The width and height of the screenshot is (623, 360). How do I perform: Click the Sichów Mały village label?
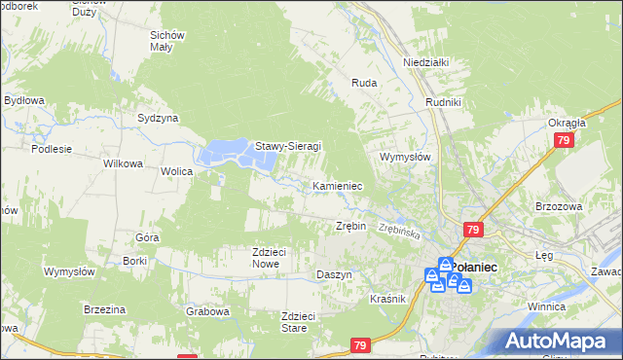click(x=167, y=42)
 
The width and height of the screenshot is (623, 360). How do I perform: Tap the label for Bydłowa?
click(x=24, y=100)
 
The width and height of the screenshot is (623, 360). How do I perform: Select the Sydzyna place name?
click(x=158, y=118)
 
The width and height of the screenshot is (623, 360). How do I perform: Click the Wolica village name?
click(x=177, y=171)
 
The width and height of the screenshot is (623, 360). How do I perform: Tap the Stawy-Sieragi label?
click(x=288, y=147)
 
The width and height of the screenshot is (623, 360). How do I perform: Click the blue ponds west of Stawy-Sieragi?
click(x=226, y=153)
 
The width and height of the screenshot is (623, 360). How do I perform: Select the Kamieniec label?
click(x=338, y=185)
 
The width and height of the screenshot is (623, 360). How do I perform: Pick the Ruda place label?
click(x=364, y=84)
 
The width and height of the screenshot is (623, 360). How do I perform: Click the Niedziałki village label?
click(x=425, y=62)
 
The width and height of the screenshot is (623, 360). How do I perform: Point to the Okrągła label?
click(x=566, y=123)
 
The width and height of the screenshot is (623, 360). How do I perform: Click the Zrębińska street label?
click(x=399, y=232)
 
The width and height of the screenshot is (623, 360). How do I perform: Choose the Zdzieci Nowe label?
click(x=269, y=257)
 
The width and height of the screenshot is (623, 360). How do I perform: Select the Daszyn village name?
click(x=334, y=274)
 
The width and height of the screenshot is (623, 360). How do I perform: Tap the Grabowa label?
click(x=207, y=312)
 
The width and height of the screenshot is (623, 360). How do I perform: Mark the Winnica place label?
click(x=546, y=306)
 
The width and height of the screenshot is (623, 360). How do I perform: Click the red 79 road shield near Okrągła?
click(x=564, y=141)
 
